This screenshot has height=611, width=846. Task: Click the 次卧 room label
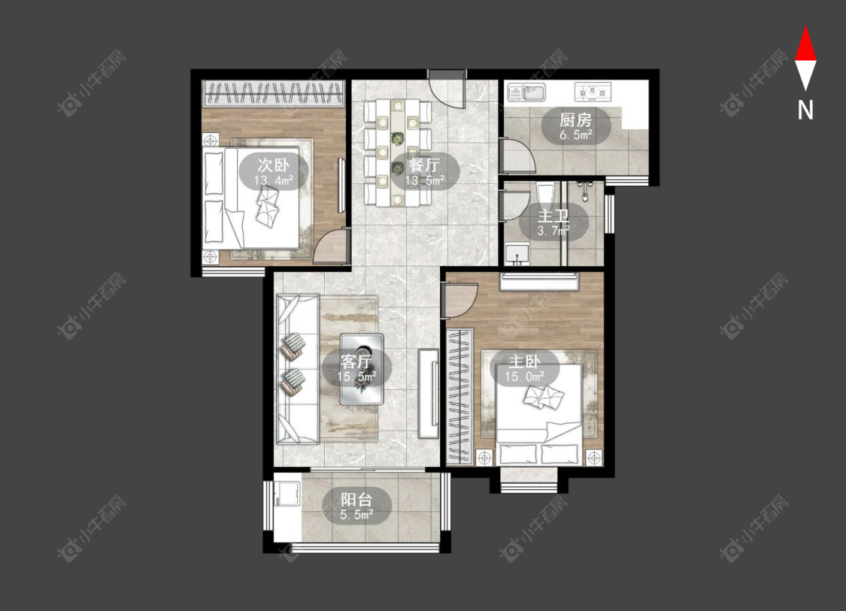[273, 165]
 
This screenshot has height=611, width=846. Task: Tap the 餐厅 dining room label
[425, 165]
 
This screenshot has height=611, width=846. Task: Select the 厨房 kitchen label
[576, 119]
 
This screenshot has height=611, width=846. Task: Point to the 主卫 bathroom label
[553, 216]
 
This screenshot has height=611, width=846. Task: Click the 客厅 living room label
[356, 361]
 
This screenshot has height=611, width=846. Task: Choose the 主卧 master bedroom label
[524, 361]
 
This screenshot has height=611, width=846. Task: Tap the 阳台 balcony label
[356, 499]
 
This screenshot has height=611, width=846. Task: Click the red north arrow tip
[805, 26]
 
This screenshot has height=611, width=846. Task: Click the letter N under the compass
[805, 110]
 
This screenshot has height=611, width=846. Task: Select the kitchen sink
[526, 92]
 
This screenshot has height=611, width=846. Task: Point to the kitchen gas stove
[593, 92]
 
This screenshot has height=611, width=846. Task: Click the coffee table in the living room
[362, 369]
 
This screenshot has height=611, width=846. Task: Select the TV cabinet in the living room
[429, 392]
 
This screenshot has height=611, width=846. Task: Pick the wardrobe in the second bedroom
[274, 92]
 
